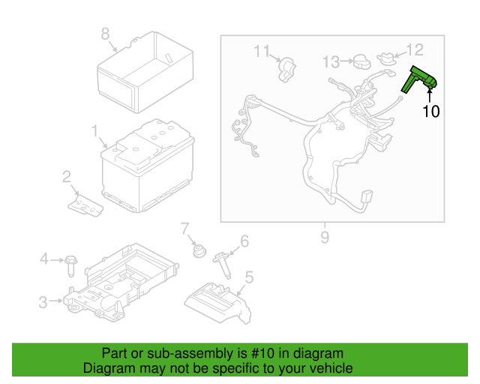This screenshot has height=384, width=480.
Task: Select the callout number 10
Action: point(431,112)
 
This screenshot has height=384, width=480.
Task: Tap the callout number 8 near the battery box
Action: point(105,34)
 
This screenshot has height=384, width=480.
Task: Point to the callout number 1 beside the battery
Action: point(95,130)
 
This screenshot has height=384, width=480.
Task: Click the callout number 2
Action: point(67,177)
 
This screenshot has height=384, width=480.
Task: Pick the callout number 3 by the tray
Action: point(43,302)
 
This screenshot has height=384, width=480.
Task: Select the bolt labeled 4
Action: point(71,266)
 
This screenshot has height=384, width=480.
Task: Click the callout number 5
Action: point(250,277)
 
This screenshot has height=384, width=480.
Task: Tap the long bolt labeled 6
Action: point(223,265)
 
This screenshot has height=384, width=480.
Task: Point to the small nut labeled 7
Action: point(199,251)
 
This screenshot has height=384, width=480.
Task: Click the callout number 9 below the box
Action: point(325,237)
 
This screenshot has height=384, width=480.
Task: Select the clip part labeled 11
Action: point(287,70)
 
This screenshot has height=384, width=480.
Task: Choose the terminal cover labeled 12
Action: point(387,58)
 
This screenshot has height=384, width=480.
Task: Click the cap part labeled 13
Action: point(362,61)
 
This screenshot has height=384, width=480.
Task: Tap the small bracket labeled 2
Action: point(85,205)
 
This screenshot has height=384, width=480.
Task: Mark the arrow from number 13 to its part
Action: point(346,61)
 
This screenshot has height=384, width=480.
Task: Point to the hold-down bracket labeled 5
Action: point(218,303)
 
